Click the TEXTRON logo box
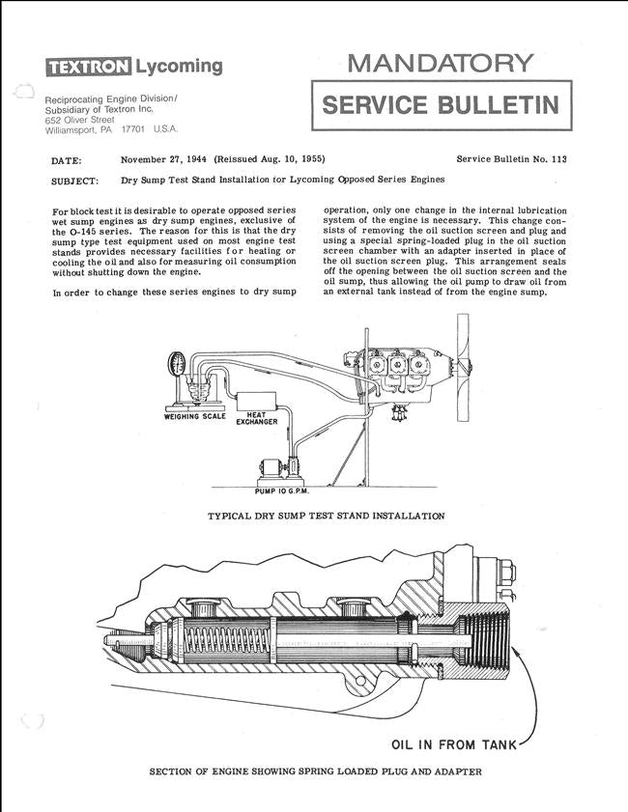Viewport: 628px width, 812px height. (88, 67)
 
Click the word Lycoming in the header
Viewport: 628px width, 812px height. (178, 66)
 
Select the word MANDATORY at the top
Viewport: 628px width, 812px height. (440, 64)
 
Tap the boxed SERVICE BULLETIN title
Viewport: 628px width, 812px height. (441, 105)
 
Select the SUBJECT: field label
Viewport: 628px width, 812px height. (73, 181)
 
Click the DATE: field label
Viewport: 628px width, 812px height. (66, 160)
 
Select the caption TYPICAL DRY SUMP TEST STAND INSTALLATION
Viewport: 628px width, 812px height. (326, 517)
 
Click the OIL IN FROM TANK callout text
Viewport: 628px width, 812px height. (453, 745)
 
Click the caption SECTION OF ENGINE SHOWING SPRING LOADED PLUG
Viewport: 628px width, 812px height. (315, 771)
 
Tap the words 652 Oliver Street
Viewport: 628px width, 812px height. (79, 120)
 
